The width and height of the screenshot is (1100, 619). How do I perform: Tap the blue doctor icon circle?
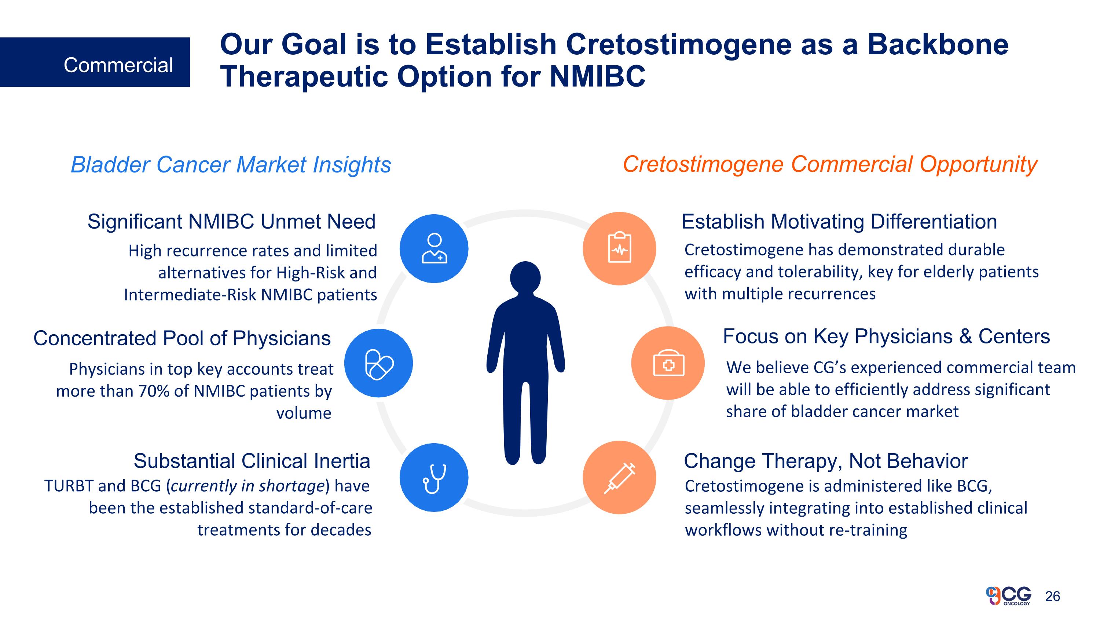point(434,249)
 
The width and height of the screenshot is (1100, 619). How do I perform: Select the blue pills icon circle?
point(378,364)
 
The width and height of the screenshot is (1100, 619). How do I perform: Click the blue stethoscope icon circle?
point(434,478)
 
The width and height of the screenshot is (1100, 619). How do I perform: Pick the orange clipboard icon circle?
point(619,249)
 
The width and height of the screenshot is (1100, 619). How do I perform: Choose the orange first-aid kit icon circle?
point(668,364)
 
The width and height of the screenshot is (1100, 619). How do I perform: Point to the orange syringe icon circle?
point(619,478)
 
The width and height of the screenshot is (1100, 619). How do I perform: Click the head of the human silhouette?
point(525,278)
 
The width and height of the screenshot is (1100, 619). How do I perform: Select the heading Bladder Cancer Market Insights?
point(231,165)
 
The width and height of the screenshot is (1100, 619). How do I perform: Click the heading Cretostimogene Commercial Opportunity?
point(830,165)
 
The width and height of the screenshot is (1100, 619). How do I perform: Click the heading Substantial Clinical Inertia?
point(252,461)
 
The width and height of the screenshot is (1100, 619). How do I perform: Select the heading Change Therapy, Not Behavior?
point(826,461)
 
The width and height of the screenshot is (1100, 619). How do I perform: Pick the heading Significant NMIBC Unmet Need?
point(231,222)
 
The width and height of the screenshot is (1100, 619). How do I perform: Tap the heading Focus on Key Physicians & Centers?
point(887,336)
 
